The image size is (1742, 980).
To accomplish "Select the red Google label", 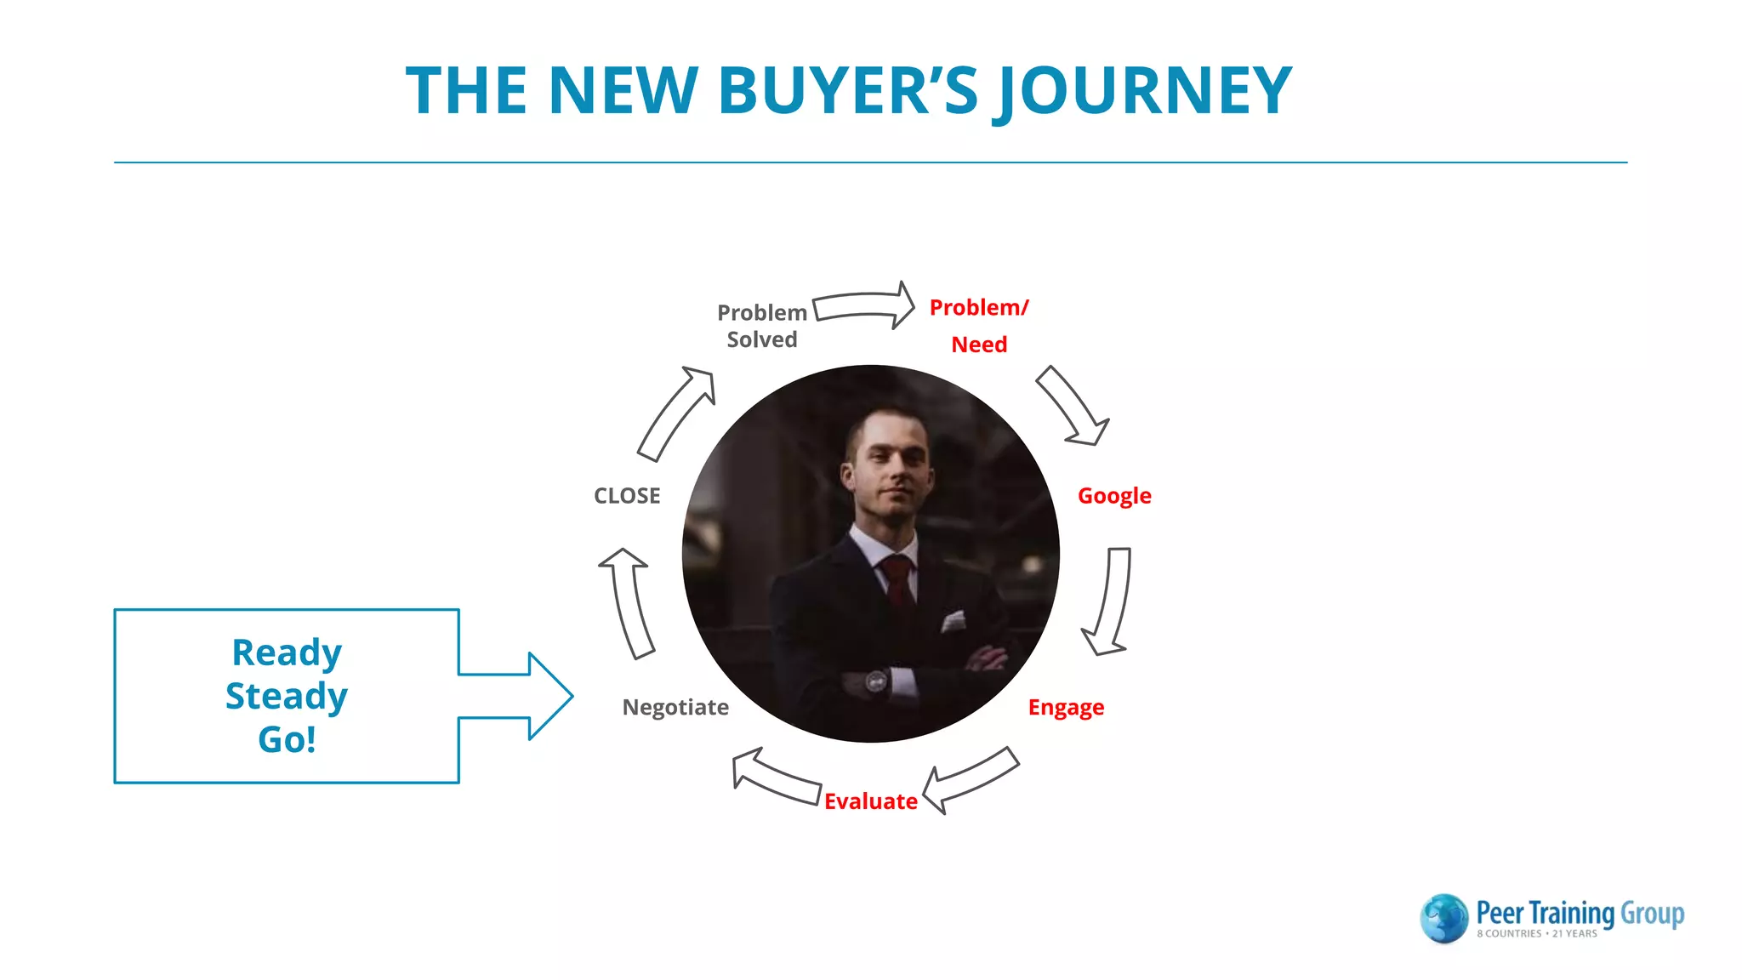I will pyautogui.click(x=1114, y=496).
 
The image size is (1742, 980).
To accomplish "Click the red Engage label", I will pyautogui.click(x=1066, y=708).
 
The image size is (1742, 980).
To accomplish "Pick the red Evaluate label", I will pyautogui.click(x=870, y=801).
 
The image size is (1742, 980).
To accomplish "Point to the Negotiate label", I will pyautogui.click(x=675, y=708).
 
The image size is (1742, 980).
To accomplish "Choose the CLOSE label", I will pyautogui.click(x=627, y=496).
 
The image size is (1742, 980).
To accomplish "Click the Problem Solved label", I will pyautogui.click(x=762, y=326).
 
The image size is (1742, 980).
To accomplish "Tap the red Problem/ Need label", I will pyautogui.click(x=979, y=326).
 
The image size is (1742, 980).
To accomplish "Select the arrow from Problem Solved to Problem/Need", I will pyautogui.click(x=863, y=305).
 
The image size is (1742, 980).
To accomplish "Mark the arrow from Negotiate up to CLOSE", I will pyautogui.click(x=628, y=602).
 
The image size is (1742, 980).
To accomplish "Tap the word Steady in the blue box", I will pyautogui.click(x=287, y=696).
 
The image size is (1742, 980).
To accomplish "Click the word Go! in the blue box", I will pyautogui.click(x=287, y=739).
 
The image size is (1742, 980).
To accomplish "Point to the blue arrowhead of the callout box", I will pyautogui.click(x=549, y=696).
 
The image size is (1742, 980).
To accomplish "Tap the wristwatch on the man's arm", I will pyautogui.click(x=875, y=681).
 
